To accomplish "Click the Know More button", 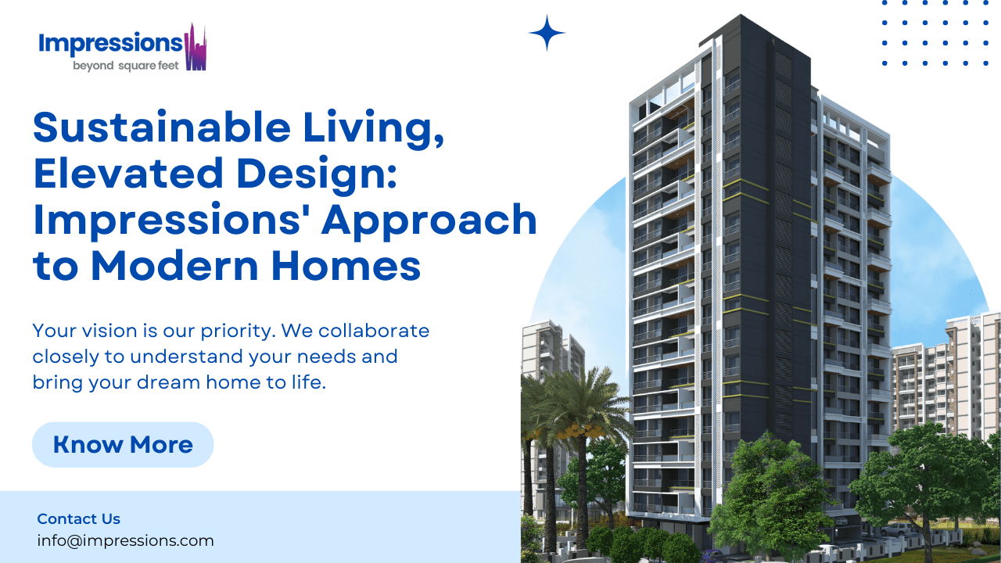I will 123,445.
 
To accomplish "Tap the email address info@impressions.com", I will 125,540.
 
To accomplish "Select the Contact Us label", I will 79,518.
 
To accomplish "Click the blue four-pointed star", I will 547,33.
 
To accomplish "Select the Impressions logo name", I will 109,43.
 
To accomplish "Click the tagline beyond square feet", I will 126,66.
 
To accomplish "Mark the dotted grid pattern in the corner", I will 935,33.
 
